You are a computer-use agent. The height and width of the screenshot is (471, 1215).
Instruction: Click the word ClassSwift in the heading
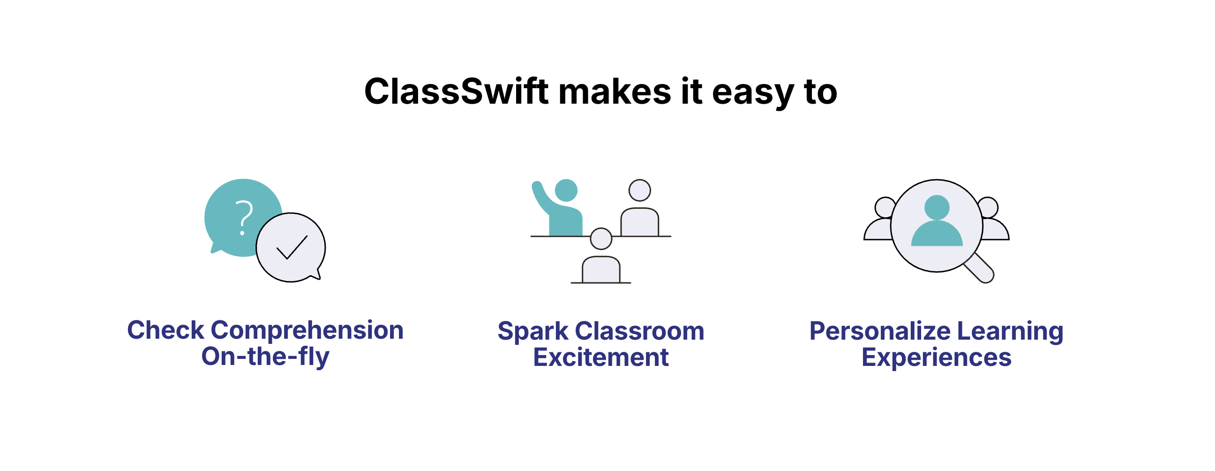[456, 91]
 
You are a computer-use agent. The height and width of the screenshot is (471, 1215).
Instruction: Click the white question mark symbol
[244, 218]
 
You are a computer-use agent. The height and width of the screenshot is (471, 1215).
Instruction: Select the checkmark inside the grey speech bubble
[292, 247]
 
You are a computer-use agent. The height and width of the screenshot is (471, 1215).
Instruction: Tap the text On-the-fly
[265, 357]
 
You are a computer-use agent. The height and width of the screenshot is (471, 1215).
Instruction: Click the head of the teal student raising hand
[566, 190]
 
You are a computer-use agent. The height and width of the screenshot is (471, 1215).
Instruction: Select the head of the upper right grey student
[639, 190]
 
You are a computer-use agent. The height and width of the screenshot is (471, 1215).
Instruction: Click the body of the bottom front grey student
[601, 269]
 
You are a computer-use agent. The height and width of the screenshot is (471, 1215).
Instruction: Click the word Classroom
[639, 331]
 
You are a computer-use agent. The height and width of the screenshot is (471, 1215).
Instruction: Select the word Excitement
[601, 357]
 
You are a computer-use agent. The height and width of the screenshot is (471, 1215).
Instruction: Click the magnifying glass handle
[979, 268]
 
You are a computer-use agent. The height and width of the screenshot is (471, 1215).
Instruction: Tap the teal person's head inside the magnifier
[937, 207]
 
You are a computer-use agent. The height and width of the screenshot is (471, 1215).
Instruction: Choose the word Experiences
[936, 358]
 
